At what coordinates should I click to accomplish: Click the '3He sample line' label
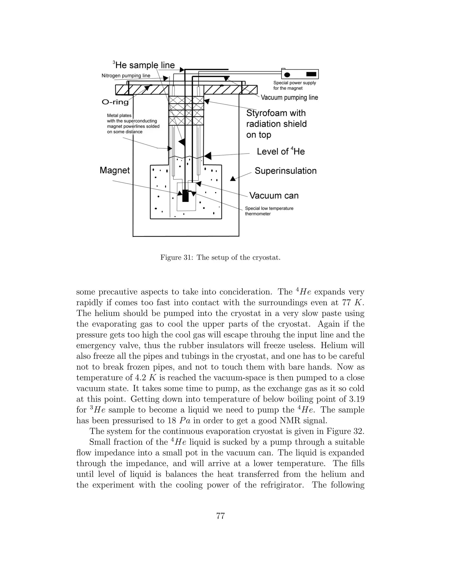tap(144, 65)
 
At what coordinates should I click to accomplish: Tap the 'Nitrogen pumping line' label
tap(126, 76)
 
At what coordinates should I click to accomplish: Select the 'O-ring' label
tap(115, 102)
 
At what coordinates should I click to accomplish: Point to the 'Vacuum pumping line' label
tap(289, 97)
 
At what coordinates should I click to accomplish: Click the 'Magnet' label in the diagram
tap(115, 170)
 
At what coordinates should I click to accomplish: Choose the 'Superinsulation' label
tap(285, 171)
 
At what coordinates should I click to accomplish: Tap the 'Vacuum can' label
tap(274, 195)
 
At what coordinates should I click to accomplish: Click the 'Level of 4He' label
tap(280, 151)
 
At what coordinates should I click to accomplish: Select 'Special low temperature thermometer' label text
tap(269, 211)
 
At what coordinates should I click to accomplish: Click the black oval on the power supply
tap(287, 75)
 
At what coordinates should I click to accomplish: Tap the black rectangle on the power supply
tap(311, 74)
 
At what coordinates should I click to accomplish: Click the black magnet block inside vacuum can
tap(185, 196)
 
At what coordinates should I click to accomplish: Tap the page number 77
tap(220, 516)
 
